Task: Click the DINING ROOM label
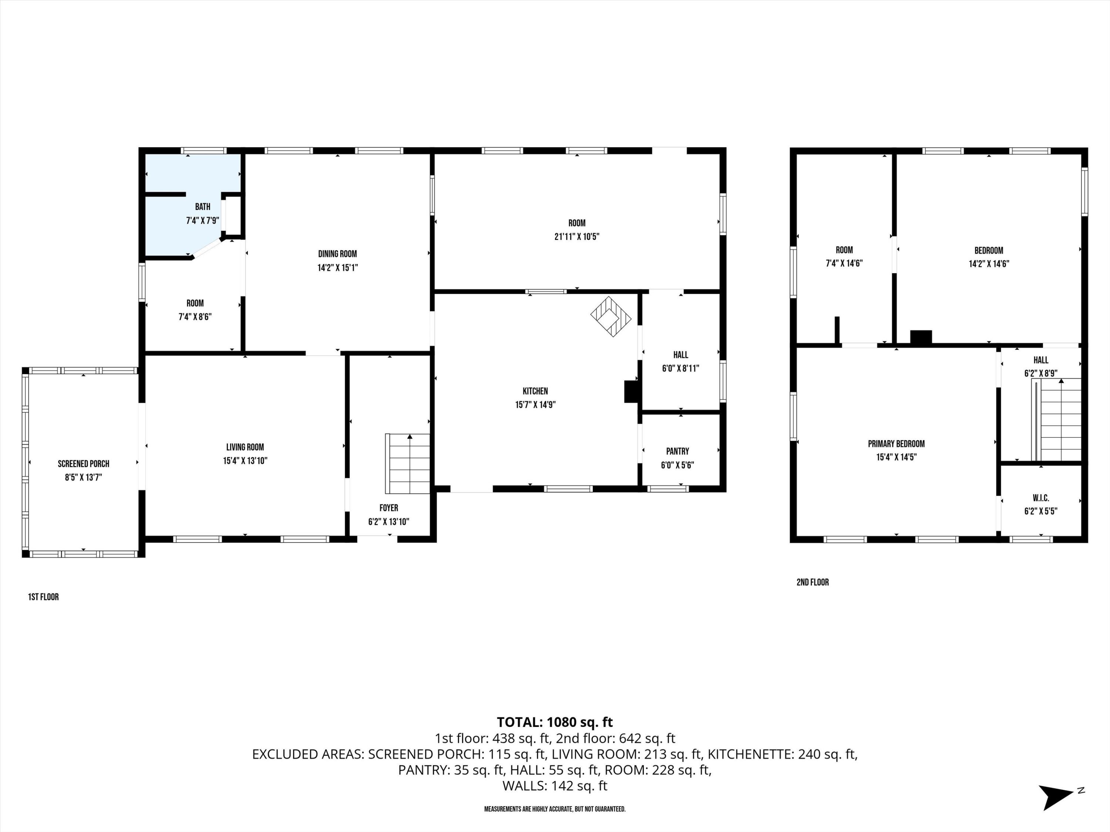(x=337, y=254)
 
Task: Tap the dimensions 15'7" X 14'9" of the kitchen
(x=535, y=405)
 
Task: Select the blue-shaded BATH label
(x=202, y=207)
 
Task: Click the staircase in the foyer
(x=407, y=464)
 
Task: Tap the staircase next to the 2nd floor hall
(x=1056, y=420)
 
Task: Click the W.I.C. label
(x=1041, y=498)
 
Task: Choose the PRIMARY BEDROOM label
(x=896, y=444)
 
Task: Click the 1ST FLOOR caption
(x=43, y=597)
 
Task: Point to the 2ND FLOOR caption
(x=813, y=582)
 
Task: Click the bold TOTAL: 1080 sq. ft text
(x=555, y=722)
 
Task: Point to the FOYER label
(x=388, y=508)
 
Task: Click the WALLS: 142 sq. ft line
(x=555, y=786)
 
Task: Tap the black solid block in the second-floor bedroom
(x=921, y=337)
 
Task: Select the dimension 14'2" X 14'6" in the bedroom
(x=989, y=264)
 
